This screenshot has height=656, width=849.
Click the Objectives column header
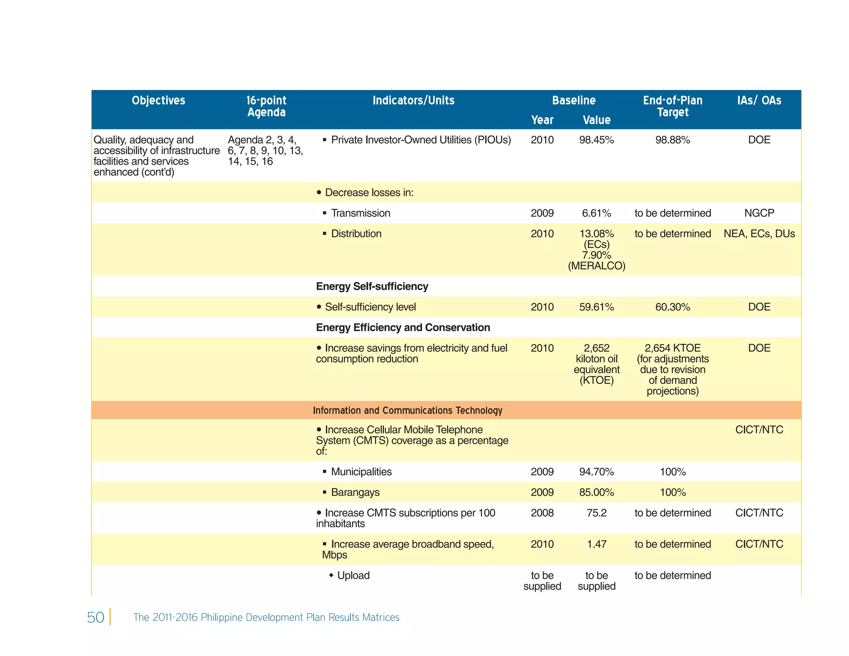coord(158,100)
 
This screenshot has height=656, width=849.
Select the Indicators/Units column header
coord(413,100)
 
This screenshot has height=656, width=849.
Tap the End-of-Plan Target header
coord(672,106)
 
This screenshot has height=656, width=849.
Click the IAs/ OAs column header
coord(759,100)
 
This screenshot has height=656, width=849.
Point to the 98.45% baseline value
coord(596,140)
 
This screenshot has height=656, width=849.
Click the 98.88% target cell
coord(672,140)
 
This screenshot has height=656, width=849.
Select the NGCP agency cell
coord(759,213)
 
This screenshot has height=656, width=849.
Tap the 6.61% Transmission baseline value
coord(596,213)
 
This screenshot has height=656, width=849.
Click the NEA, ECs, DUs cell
coord(759,234)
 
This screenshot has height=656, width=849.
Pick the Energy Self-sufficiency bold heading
coord(372,287)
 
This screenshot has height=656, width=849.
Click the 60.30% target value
coord(672,307)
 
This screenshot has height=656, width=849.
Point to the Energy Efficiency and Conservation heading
coord(403,328)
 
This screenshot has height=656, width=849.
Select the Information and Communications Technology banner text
coord(408,411)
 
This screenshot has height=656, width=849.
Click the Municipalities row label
coord(361,472)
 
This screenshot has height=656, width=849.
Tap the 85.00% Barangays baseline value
coord(596,493)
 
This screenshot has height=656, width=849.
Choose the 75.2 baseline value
coord(596,513)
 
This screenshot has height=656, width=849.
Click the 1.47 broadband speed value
coord(596,544)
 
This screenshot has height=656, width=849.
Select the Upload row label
coord(353,576)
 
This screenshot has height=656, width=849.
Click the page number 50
coord(95,617)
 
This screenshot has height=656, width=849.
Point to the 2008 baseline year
coord(542,513)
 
